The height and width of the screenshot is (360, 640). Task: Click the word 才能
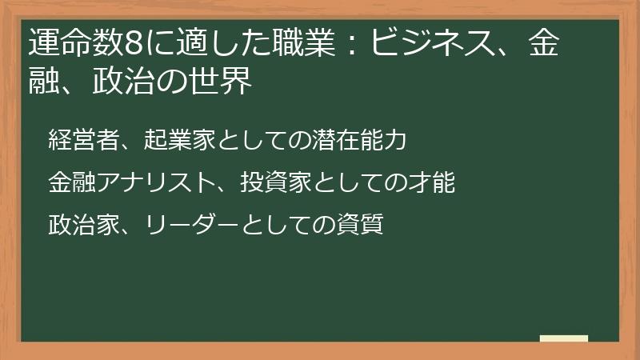click(x=439, y=183)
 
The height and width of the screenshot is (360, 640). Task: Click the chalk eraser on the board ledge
click(x=563, y=338)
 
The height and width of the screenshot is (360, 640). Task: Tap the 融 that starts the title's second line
click(x=42, y=82)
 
